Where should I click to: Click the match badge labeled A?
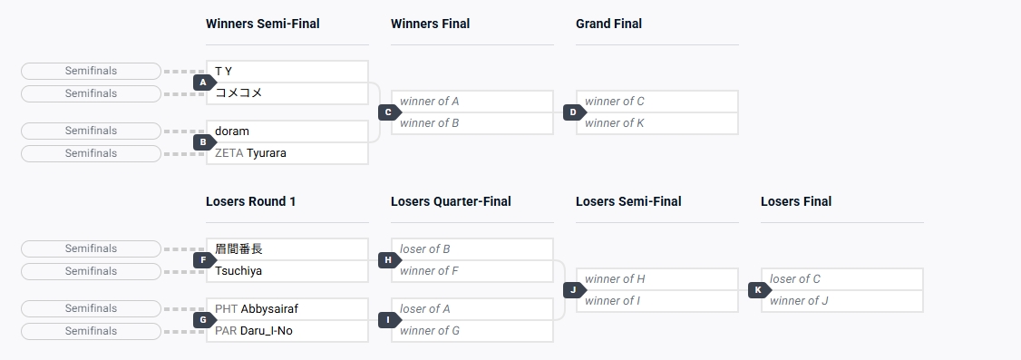[x=204, y=83]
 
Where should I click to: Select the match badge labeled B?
[x=204, y=142]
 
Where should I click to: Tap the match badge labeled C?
[x=389, y=112]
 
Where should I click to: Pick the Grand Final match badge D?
[x=574, y=112]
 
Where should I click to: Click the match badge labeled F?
[x=204, y=260]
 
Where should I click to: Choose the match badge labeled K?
[x=759, y=289]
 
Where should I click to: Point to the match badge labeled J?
[x=574, y=289]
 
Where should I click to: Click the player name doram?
[x=232, y=131]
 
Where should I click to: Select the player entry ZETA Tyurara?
[x=250, y=153]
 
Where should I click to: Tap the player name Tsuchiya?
[x=238, y=271]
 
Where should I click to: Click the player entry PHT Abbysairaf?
[x=257, y=308]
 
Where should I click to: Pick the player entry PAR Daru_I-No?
[x=253, y=331]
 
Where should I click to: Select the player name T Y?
[x=223, y=71]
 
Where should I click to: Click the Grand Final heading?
[x=608, y=24]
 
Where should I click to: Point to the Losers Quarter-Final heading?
[x=451, y=201]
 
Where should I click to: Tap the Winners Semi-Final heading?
[x=262, y=24]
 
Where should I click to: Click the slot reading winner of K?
[x=614, y=123]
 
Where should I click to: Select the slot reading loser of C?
[x=795, y=278]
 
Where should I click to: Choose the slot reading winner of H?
[x=615, y=278]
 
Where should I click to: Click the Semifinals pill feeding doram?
[x=92, y=131]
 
